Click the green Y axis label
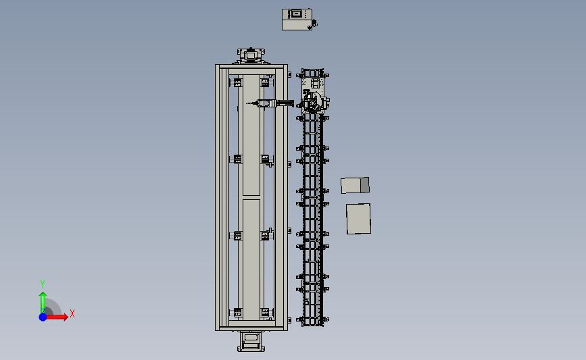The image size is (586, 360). [x=42, y=284]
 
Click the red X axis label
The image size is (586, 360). [x=72, y=313]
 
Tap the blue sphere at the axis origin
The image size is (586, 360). [x=43, y=317]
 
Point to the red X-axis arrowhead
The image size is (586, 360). [x=65, y=317]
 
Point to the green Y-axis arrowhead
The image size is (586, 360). [x=43, y=295]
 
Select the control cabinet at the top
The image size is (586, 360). [x=297, y=20]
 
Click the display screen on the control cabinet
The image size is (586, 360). [x=296, y=14]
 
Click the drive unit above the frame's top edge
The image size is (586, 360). [x=251, y=55]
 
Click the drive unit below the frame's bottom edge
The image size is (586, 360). [x=251, y=341]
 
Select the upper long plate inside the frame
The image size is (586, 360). [x=251, y=135]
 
